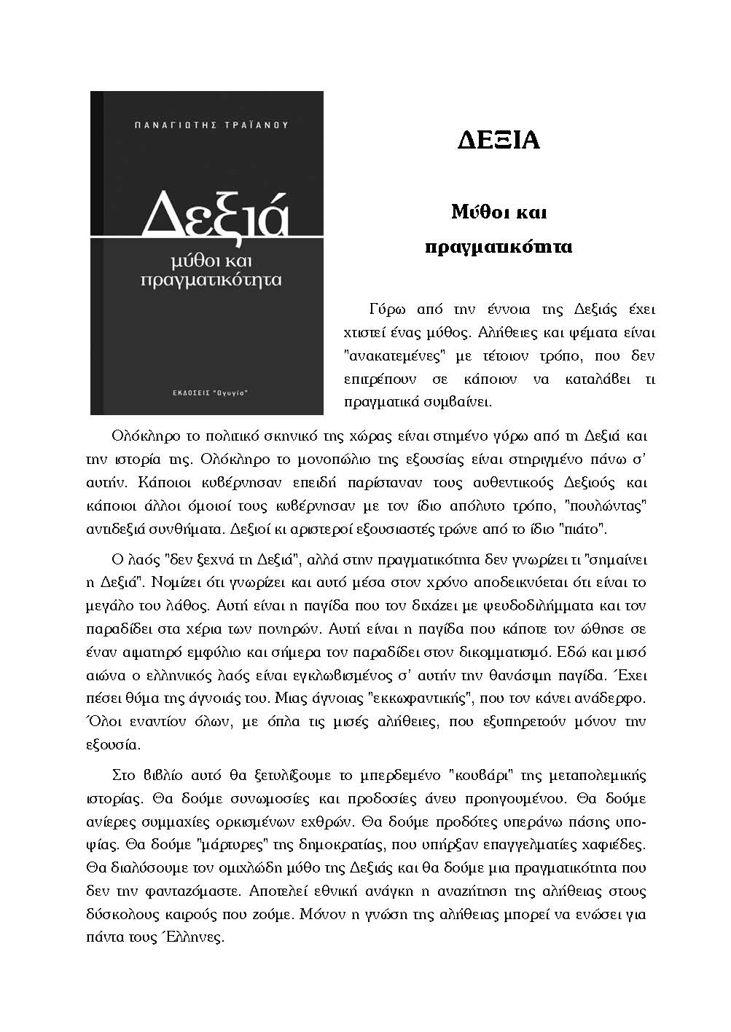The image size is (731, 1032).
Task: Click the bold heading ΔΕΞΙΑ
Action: click(x=499, y=140)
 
